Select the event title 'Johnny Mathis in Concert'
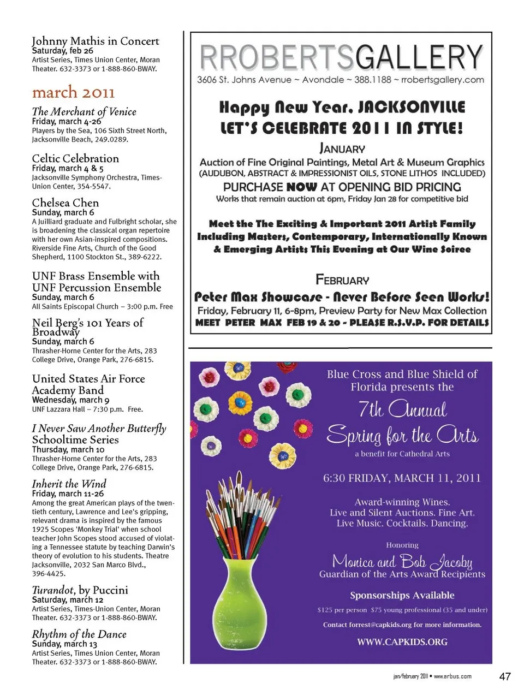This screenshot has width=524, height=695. tap(96, 41)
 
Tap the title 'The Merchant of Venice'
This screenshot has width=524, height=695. tap(84, 111)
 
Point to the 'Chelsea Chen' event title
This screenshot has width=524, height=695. tap(65, 203)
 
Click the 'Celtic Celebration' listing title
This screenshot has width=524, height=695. tap(75, 158)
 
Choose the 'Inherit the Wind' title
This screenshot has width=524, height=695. tap(69, 484)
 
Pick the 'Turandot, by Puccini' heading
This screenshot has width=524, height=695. tap(80, 590)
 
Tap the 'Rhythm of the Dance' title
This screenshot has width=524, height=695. tap(79, 634)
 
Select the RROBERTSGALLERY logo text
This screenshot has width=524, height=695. tap(341, 57)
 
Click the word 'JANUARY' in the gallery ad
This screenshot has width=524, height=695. tap(342, 148)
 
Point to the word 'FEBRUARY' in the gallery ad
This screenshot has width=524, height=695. tap(342, 280)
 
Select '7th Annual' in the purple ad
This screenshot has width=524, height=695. tap(402, 409)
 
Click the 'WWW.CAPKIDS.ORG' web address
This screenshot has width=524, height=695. tap(402, 642)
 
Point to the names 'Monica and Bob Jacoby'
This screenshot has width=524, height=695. tap(402, 561)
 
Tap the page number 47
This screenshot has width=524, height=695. tap(505, 676)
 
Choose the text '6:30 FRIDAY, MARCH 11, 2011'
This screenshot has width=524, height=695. tap(402, 478)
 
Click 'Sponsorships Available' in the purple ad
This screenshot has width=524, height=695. tap(402, 595)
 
